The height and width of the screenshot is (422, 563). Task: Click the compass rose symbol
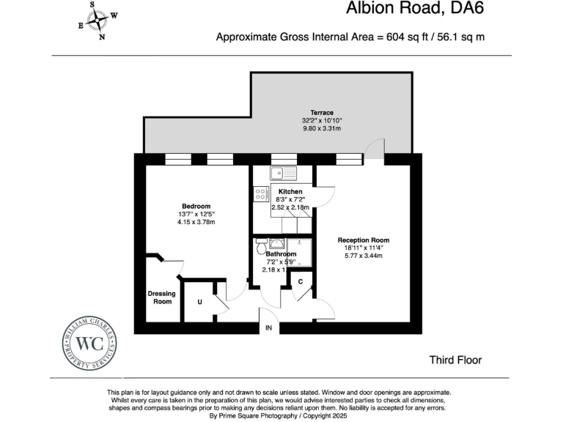click(97, 20)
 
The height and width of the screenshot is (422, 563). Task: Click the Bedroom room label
click(196, 206)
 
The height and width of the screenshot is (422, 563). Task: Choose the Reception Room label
click(363, 240)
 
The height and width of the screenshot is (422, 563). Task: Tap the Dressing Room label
click(162, 297)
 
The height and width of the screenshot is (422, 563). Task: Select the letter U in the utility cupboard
click(199, 300)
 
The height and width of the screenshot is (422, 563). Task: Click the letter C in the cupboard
click(301, 281)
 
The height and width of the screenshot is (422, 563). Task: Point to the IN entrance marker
click(268, 328)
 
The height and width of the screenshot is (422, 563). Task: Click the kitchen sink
click(282, 174)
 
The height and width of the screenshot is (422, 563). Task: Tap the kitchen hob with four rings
click(260, 194)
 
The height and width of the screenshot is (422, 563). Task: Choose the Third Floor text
click(455, 360)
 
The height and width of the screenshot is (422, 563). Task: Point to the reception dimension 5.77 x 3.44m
click(363, 256)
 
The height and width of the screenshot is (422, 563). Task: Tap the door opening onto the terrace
click(374, 149)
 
